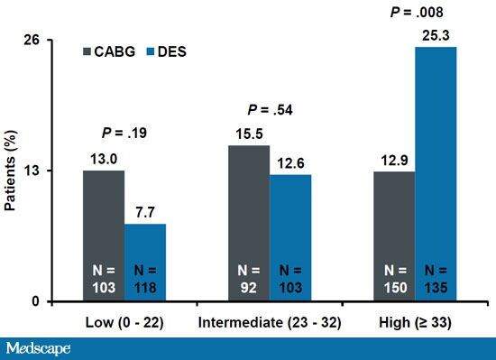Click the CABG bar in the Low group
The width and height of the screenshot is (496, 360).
104,235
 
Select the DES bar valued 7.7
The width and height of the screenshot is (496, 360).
145,262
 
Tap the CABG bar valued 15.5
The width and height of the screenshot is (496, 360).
249,222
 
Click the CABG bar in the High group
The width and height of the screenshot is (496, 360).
394,235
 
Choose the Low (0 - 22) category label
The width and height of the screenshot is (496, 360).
124,322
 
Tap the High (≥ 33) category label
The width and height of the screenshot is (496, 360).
415,322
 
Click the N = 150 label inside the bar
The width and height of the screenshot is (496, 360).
394,277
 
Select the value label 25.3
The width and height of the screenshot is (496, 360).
436,34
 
